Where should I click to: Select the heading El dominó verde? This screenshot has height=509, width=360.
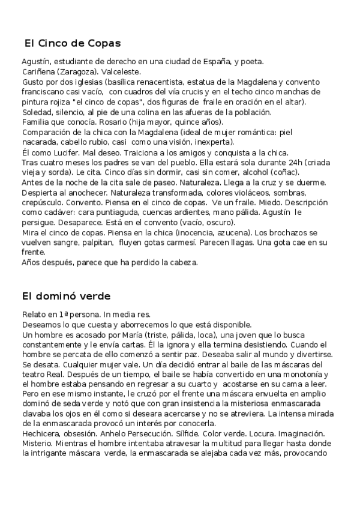[x=66, y=296]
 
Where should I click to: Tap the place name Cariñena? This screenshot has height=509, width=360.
[x=39, y=71]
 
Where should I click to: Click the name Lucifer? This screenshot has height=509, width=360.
[x=58, y=152]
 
